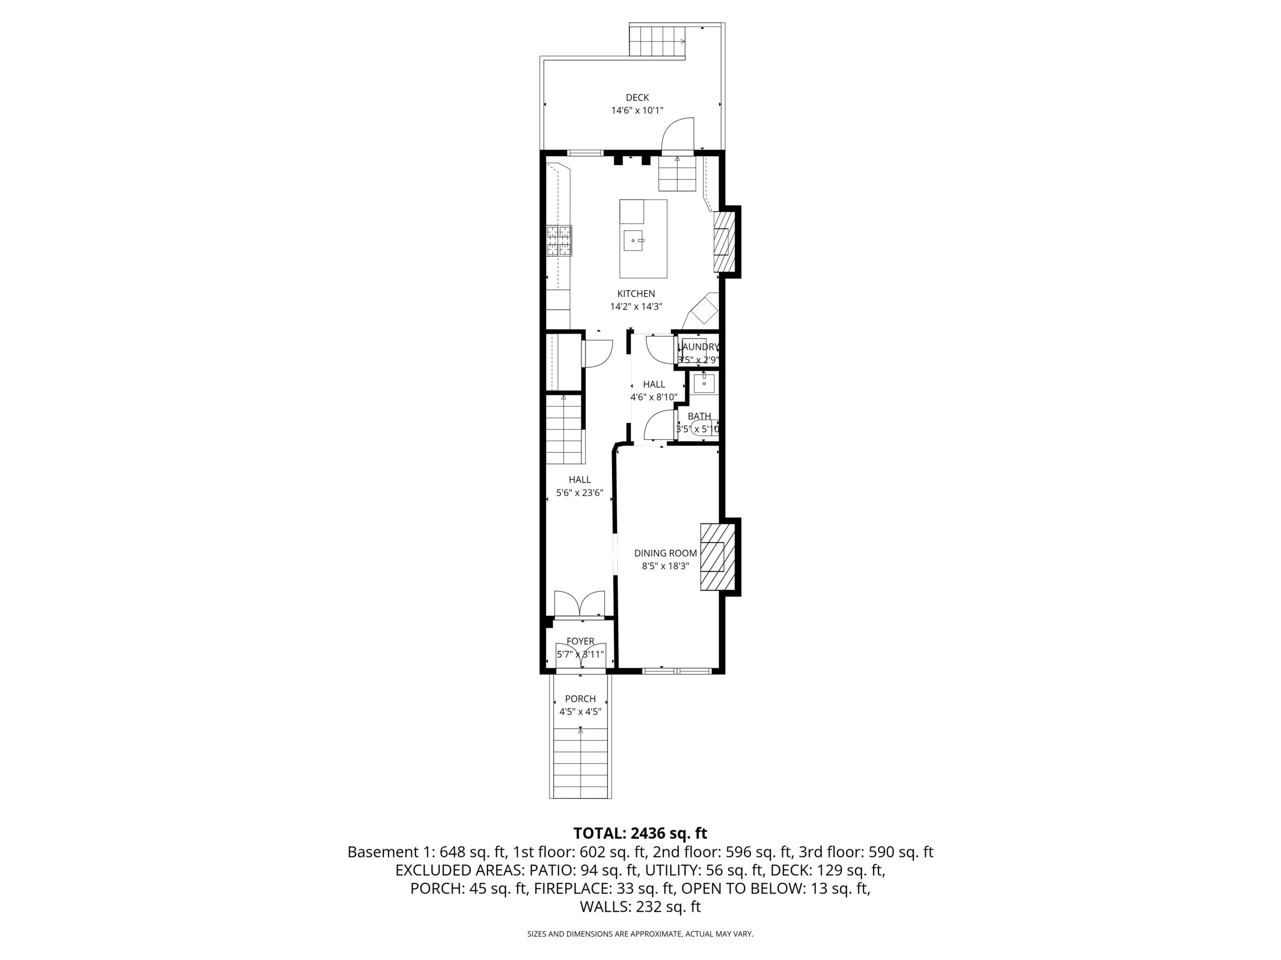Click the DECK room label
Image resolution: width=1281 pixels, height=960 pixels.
coord(637,98)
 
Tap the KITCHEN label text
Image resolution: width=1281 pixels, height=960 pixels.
coord(636,294)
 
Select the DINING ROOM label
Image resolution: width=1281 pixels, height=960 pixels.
coord(666,553)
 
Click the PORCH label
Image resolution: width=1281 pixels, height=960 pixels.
coord(580,699)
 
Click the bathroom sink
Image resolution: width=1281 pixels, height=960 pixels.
coord(704,383)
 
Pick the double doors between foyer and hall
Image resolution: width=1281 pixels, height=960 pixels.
coord(579,603)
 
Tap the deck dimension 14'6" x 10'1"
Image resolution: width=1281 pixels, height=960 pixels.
coord(637,110)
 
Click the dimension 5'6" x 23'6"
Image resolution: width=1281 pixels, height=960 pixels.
coord(579,493)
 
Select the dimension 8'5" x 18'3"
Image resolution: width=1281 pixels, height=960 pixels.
coord(666,566)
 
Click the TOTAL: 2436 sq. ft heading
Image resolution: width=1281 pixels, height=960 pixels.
coord(640,833)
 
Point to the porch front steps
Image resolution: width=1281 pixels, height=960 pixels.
coord(580,763)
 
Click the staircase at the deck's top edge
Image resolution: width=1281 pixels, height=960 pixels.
coord(658,41)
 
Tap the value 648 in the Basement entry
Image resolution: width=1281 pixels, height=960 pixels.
coord(451,852)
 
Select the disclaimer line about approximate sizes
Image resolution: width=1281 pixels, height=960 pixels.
coord(640,934)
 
